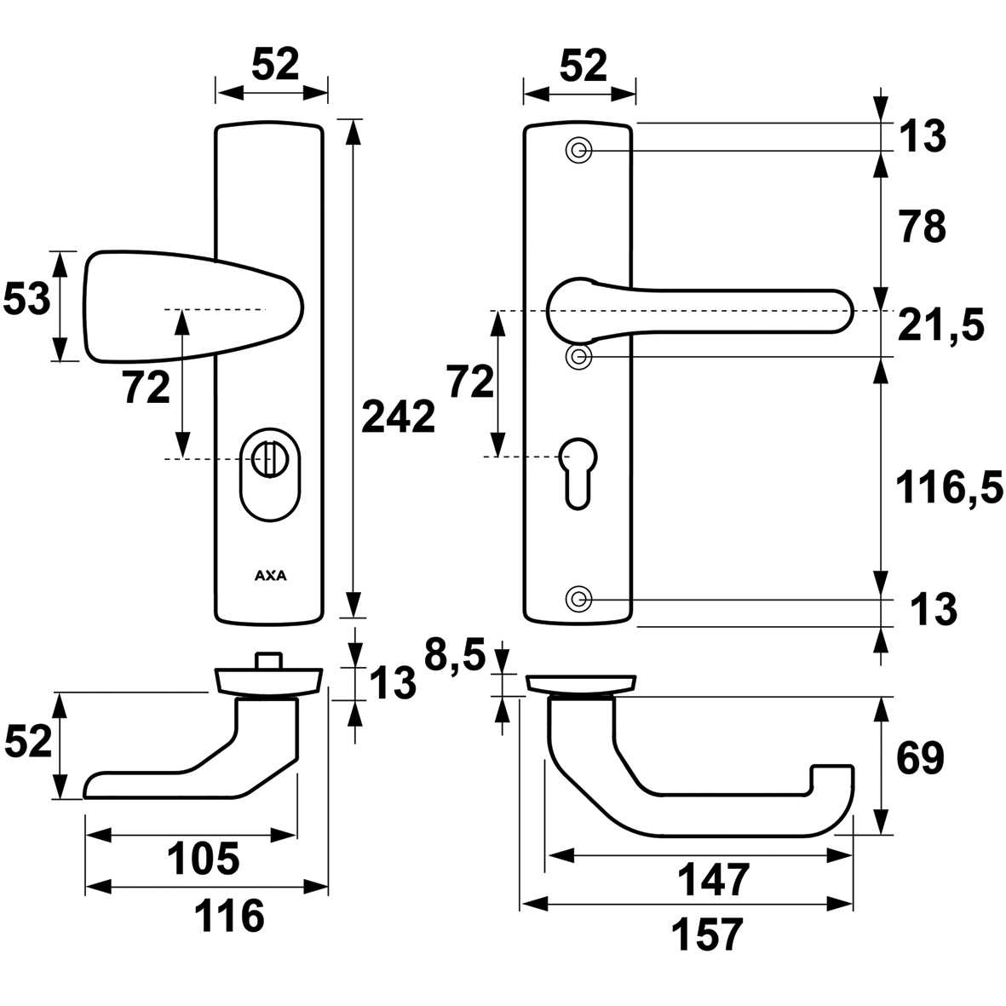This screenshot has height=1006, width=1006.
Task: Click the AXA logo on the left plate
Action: (x=271, y=575)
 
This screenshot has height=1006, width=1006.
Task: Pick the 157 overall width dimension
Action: (x=707, y=934)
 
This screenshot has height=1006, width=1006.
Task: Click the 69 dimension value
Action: (x=920, y=758)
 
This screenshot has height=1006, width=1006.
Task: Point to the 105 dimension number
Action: (x=203, y=859)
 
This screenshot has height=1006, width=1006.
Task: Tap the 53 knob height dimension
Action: (x=26, y=301)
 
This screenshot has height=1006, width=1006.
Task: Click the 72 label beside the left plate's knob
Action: (x=146, y=388)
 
